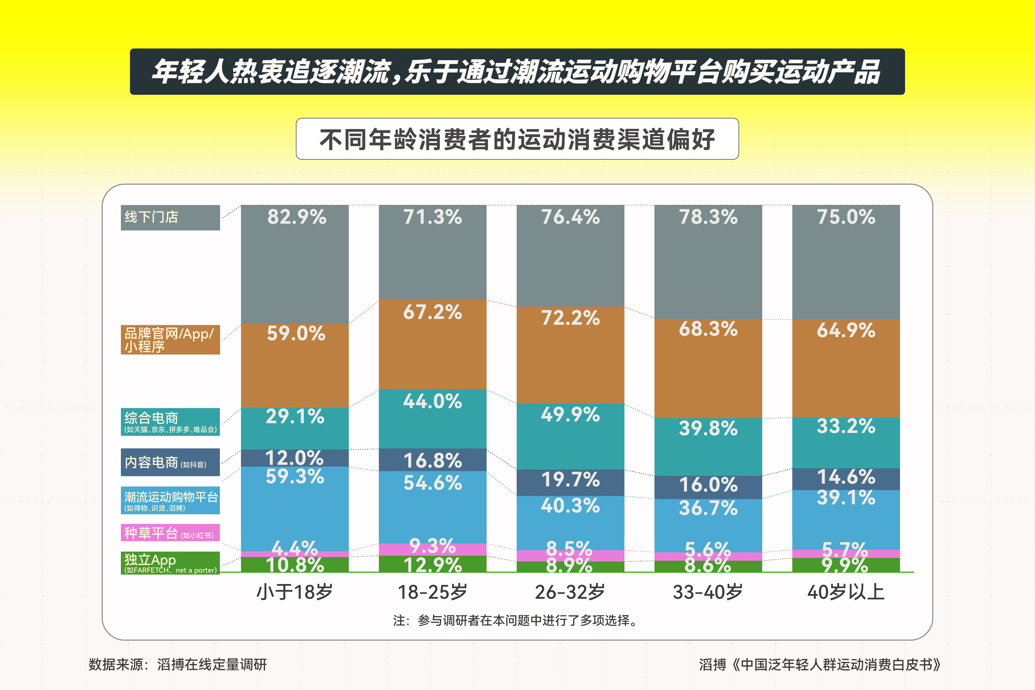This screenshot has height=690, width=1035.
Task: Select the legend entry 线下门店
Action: click(170, 217)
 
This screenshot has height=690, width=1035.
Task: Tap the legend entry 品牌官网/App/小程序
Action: click(170, 340)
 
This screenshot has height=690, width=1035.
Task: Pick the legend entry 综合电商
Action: click(170, 422)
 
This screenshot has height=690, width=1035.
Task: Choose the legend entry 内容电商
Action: click(170, 462)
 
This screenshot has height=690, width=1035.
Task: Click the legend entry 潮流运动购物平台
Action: click(170, 500)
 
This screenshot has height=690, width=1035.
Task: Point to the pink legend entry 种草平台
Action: click(170, 533)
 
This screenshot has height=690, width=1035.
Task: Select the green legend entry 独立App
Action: click(170, 563)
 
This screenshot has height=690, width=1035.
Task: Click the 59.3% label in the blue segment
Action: click(295, 477)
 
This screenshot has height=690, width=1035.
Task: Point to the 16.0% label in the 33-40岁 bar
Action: click(708, 484)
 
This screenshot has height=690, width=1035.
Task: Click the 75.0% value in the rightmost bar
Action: click(846, 217)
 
